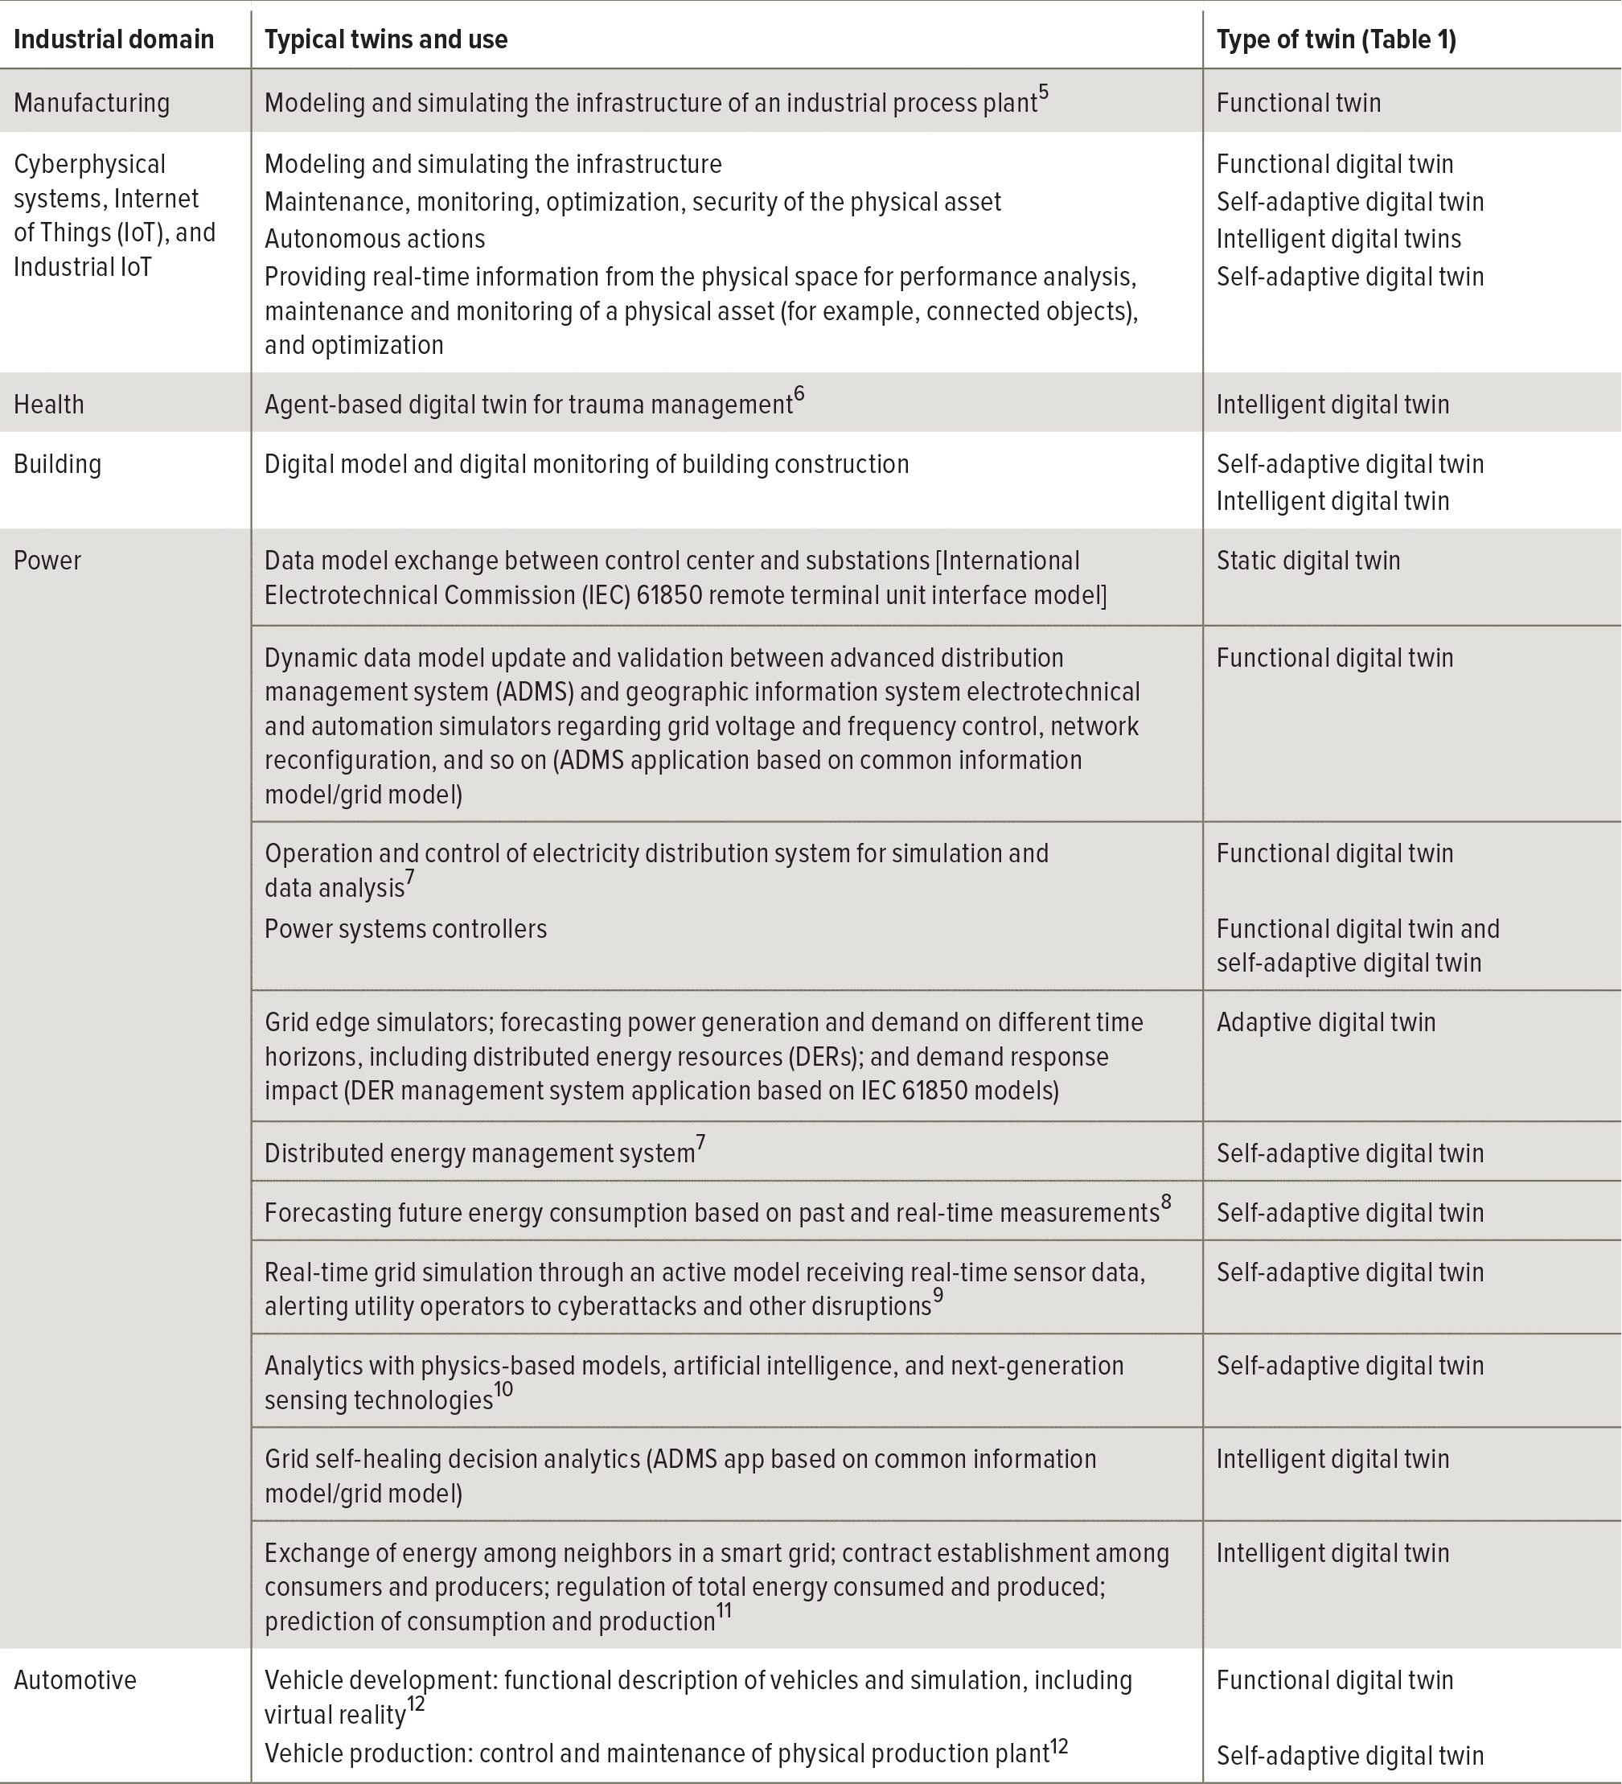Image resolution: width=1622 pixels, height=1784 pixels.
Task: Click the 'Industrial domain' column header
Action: [x=113, y=40]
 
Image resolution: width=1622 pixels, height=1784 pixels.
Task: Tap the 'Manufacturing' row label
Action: [x=91, y=103]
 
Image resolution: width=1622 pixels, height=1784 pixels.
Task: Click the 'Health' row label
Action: [x=49, y=405]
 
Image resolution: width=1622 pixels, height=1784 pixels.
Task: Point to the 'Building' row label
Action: [x=58, y=465]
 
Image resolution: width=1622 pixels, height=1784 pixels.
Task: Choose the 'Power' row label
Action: [x=47, y=561]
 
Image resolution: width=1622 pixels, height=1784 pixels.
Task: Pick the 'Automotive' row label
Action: [x=76, y=1679]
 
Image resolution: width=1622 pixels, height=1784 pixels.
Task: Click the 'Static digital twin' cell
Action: [x=1308, y=561]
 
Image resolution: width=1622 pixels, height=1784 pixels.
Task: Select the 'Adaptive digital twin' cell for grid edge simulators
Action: [x=1325, y=1023]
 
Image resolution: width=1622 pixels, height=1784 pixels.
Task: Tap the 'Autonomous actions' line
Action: [x=374, y=239]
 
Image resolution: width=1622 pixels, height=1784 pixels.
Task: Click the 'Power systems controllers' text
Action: [x=405, y=929]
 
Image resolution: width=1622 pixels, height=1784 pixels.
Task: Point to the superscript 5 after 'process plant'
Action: [x=1044, y=92]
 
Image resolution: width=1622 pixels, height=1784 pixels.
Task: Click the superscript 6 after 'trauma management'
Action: [x=799, y=394]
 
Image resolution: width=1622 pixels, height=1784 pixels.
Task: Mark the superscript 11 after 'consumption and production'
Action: [x=724, y=1611]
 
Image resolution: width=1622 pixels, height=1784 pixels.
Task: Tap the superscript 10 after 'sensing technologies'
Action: [x=503, y=1389]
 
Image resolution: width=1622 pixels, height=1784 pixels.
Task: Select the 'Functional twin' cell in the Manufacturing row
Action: [x=1298, y=103]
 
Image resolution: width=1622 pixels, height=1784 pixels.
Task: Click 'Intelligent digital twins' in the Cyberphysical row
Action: [x=1338, y=239]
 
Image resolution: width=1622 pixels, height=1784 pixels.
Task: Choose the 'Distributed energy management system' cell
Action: [x=479, y=1154]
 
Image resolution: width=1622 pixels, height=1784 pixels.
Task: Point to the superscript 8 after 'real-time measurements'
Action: [x=1166, y=1202]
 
